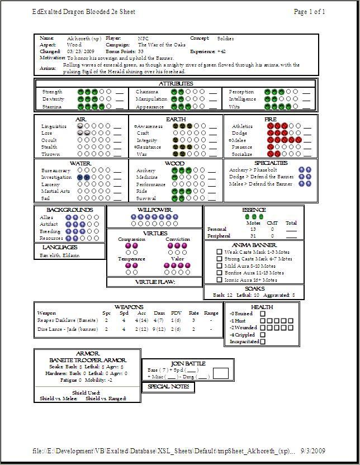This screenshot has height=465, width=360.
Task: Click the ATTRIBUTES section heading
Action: coord(176,83)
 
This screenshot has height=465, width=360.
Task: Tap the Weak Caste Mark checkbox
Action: coord(220,252)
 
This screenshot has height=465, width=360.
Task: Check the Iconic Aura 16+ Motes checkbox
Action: coord(220,279)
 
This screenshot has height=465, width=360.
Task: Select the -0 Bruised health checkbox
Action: coord(263,314)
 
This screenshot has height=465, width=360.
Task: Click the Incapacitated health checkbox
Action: coord(263,341)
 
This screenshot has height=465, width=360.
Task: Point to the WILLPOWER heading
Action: coord(154,210)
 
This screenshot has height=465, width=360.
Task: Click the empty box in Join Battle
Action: coord(221,373)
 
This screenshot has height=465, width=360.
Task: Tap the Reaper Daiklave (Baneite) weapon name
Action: coord(61,321)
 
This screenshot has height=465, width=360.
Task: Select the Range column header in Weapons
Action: coord(211,313)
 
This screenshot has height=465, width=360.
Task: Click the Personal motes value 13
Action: coord(253,229)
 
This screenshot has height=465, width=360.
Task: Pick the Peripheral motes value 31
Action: coord(253,236)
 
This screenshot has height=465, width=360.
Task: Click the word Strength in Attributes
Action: coord(52,92)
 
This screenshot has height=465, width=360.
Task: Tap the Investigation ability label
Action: coord(56,177)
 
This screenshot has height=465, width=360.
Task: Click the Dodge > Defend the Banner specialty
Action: coord(260,177)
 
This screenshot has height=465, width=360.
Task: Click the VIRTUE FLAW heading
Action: coord(155,282)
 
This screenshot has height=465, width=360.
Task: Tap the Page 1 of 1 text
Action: coord(309,12)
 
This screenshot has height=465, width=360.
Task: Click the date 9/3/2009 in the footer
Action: coord(313,451)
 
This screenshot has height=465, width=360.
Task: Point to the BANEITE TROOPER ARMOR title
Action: coord(87,360)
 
